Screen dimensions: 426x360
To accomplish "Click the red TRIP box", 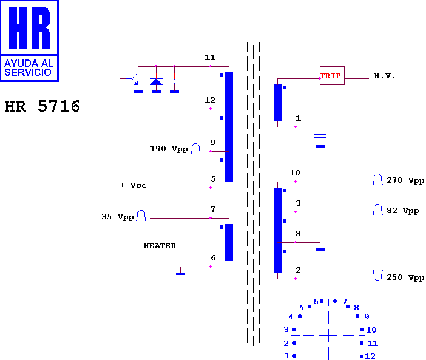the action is (332, 75).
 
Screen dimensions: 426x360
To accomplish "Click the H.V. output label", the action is (384, 76).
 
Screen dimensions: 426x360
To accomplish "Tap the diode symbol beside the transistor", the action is (156, 81).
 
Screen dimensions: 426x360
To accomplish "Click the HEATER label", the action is (160, 246).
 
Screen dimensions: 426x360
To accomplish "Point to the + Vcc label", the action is (133, 185).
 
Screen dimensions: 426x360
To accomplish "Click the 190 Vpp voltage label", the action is (169, 149).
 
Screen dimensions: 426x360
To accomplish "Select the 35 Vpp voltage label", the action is (118, 217).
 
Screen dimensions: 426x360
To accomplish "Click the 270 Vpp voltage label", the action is (405, 180).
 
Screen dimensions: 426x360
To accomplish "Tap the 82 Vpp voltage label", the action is (402, 211).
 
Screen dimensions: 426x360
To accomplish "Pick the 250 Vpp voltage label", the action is (405, 277).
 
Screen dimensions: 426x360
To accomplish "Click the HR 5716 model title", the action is (42, 106).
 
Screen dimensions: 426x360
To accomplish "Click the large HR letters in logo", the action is (29, 27).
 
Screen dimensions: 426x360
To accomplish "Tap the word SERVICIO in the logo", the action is (28, 72).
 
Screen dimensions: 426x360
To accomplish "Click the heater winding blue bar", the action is (229, 242).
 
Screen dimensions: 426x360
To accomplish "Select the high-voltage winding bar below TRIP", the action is (277, 103).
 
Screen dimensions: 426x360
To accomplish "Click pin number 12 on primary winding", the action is (210, 100).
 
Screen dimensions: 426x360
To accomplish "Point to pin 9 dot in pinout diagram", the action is (357, 316).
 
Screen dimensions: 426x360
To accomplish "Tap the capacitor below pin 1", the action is (320, 136).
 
